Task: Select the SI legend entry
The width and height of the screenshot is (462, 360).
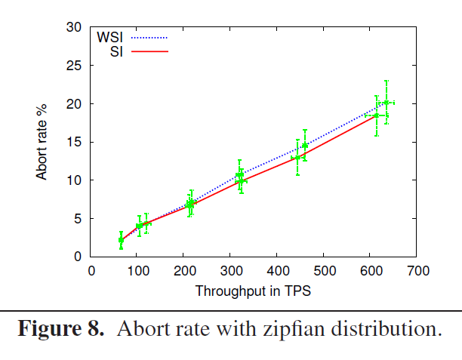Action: [117, 51]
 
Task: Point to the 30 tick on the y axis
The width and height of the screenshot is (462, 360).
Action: [74, 27]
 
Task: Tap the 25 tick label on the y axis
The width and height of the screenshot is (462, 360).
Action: [74, 66]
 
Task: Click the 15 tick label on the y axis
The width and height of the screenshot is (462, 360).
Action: [74, 142]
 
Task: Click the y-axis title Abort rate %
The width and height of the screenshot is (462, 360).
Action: [43, 141]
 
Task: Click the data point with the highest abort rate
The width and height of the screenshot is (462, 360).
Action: [387, 103]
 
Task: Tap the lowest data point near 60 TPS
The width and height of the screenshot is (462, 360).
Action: [121, 240]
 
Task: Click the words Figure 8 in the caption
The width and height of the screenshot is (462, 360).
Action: [62, 330]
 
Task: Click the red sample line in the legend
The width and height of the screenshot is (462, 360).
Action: [149, 51]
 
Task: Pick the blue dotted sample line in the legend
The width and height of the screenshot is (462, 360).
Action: [149, 36]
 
